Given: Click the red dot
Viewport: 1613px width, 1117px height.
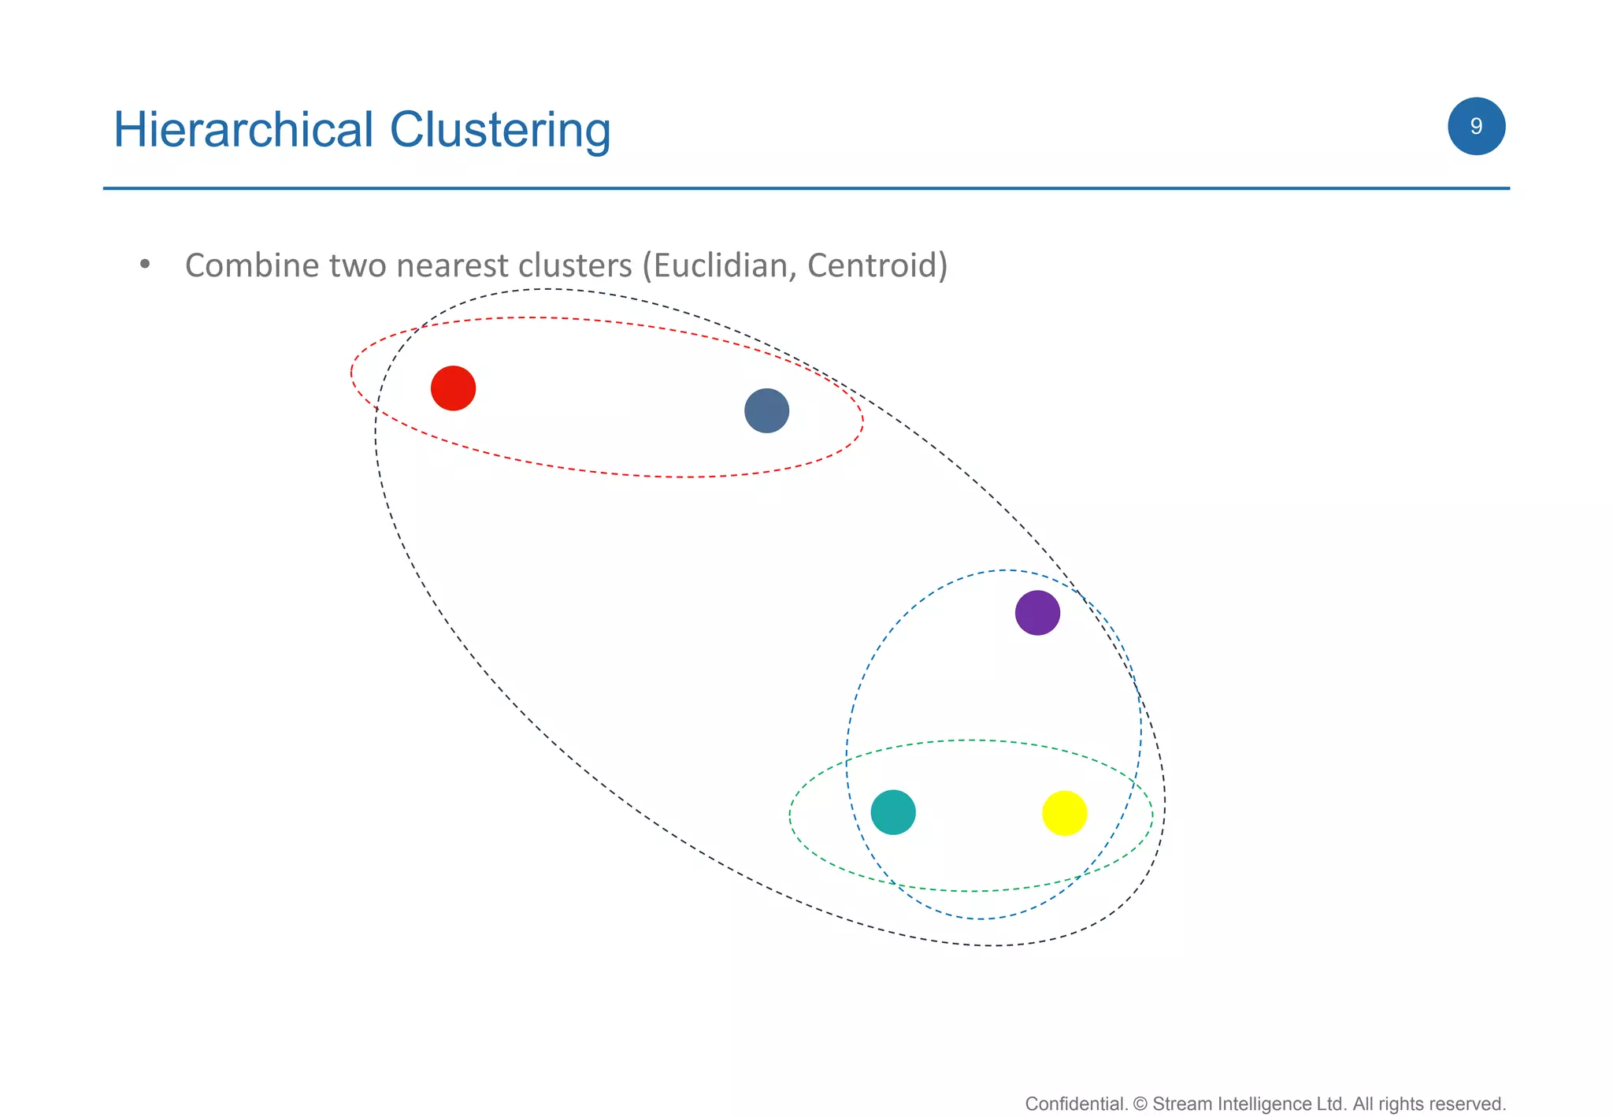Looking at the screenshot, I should point(453,388).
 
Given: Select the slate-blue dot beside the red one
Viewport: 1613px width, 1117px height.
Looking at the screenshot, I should point(766,410).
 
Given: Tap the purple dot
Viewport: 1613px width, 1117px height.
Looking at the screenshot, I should point(1037,613).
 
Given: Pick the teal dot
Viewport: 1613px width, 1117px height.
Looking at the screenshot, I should point(893,812).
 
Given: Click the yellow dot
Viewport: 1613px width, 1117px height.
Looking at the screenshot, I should point(1064,813).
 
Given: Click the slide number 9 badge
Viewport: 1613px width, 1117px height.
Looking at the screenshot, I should point(1476,126).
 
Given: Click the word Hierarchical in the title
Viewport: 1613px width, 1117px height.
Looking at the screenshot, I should point(243,129).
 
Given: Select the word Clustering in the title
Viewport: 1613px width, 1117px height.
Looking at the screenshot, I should point(500,131).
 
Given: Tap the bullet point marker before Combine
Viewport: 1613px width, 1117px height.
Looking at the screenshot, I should point(144,265).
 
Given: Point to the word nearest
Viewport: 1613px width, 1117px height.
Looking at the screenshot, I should point(452,266).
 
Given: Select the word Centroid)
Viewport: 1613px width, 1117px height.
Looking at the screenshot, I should point(877,265).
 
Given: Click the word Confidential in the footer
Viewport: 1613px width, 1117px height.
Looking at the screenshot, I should point(1076,1104).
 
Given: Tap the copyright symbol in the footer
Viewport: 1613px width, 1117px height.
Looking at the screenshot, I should point(1140,1104).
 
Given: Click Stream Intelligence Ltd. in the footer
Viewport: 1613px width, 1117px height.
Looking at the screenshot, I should point(1249,1104).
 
